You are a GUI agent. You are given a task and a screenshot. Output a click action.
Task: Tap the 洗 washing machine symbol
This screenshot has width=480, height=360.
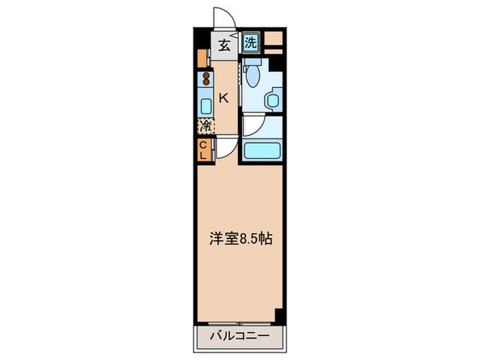(251, 43)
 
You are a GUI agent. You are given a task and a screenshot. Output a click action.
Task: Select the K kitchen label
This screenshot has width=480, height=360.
(224, 98)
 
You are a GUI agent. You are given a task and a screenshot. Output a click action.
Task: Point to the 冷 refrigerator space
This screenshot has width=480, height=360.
(205, 126)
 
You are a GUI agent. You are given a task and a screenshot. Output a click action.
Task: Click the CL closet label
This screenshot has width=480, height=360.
(203, 150)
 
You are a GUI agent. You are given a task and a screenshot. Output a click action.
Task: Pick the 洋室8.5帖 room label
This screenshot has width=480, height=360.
(241, 239)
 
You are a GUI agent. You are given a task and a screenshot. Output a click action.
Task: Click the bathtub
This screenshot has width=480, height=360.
(262, 149)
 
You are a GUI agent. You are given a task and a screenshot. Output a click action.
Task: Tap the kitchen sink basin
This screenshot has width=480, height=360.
(205, 106)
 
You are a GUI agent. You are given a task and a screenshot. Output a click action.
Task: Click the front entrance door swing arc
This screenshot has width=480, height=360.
(224, 18)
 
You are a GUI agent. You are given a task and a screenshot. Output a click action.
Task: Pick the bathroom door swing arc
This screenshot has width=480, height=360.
(252, 124)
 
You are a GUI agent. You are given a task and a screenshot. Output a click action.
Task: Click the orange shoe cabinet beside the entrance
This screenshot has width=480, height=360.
(202, 58)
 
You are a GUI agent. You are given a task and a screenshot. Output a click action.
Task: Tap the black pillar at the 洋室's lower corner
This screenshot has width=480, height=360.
(279, 316)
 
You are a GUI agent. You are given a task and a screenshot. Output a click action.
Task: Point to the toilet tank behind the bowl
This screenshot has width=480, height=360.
(252, 62)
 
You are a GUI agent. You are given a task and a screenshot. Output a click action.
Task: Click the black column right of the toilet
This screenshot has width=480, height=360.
(276, 64)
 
